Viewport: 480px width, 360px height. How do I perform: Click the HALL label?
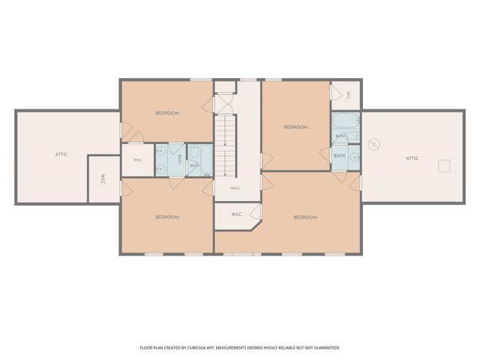[235, 188]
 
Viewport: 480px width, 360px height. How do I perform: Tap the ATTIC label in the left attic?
[61, 154]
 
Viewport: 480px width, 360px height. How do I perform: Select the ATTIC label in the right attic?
[412, 158]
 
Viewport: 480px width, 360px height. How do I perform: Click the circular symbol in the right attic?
[374, 145]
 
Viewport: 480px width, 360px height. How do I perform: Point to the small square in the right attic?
[444, 166]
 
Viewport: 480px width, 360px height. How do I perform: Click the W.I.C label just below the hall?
[236, 214]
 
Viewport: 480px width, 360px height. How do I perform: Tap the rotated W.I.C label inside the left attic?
[103, 179]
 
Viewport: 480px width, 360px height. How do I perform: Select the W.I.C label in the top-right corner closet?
[349, 96]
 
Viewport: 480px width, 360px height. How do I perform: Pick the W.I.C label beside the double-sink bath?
[138, 160]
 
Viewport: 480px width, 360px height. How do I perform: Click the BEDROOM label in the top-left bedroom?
[167, 113]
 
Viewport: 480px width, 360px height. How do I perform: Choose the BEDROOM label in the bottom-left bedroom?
[167, 217]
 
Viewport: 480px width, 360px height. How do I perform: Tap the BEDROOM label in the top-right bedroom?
[295, 127]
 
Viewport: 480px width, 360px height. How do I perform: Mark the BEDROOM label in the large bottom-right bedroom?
[305, 217]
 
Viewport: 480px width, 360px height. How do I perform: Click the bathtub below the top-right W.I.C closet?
[346, 121]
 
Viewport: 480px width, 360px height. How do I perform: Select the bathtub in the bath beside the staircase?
[207, 160]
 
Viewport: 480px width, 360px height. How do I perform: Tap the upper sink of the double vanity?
[161, 151]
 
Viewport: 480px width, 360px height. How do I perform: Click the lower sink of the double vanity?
[161, 169]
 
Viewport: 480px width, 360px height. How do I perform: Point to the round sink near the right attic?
[355, 157]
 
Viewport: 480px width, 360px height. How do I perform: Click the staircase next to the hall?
[225, 145]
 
